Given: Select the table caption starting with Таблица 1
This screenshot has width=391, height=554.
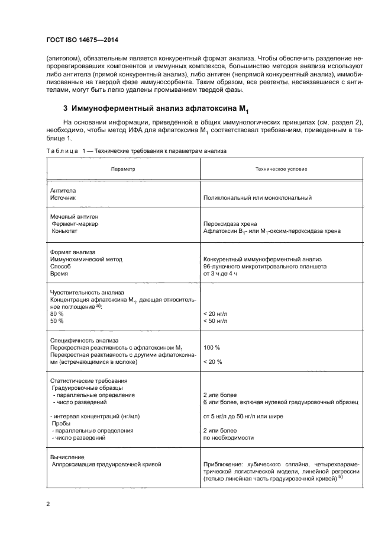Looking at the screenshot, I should [136, 152].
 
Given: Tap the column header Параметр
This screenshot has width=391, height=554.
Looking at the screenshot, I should [122, 169].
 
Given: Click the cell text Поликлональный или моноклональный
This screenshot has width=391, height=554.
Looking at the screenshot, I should [257, 198].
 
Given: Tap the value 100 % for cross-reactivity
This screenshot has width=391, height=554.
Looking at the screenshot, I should [211, 347].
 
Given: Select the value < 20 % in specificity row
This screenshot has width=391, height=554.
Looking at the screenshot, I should [212, 361].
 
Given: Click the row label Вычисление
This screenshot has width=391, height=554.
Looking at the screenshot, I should [67, 457].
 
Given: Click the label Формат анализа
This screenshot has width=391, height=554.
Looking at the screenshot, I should [69, 252].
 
